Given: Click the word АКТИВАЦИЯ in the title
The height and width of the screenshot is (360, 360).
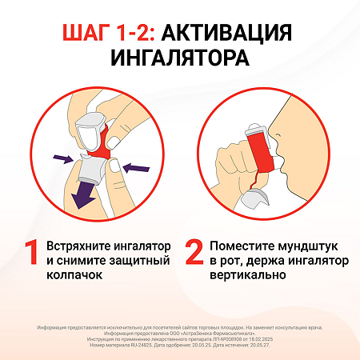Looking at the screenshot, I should [233, 33].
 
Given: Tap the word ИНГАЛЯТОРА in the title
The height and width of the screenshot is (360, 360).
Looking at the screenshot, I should [179, 60].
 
